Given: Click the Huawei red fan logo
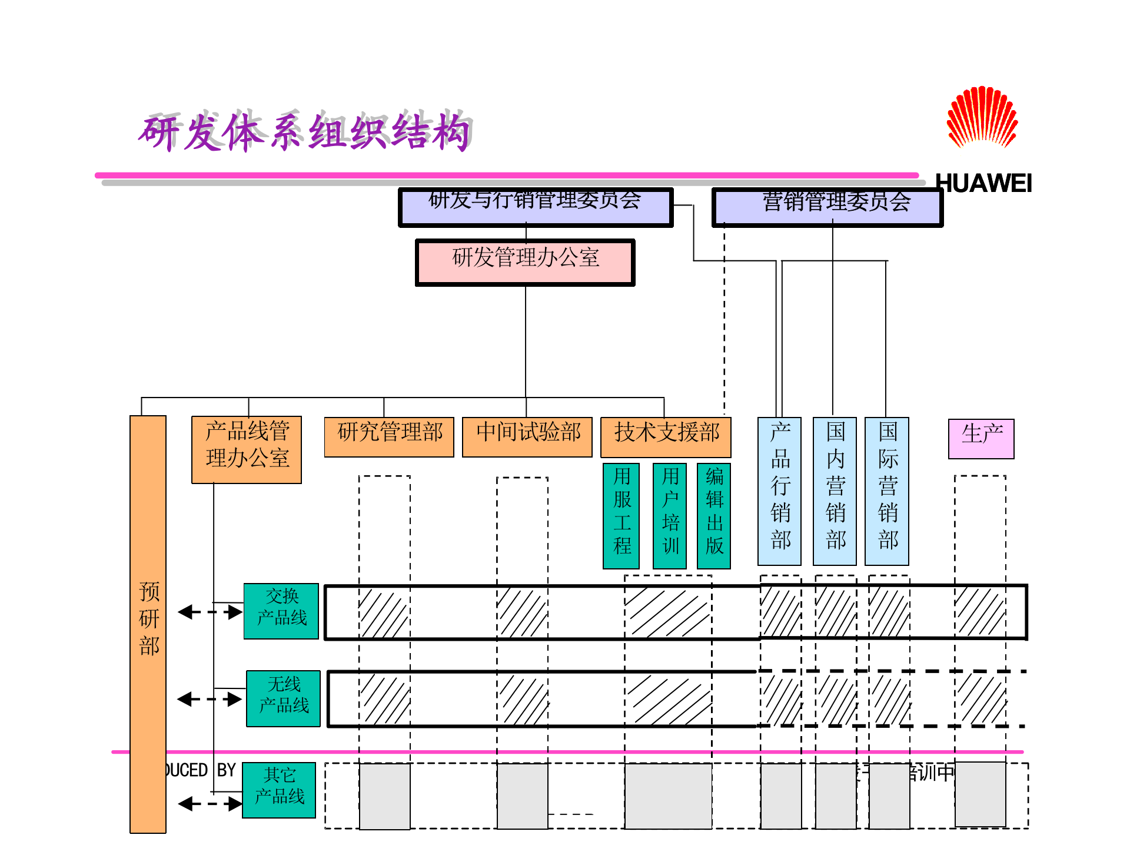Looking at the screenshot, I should point(982,118).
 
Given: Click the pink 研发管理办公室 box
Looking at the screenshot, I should point(525,262).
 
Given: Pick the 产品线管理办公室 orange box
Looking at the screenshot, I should point(247,449).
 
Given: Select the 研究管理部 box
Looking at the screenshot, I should point(389,436).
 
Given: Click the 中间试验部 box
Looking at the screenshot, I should point(527,436).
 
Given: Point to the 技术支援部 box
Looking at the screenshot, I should point(666,437).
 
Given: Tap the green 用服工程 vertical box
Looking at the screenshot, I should point(621,515).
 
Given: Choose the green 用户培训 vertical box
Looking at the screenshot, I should point(670,515).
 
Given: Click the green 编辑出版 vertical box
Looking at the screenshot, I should point(714,515).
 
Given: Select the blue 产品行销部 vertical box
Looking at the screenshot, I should point(779,491).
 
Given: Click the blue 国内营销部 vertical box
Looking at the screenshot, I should point(835,491).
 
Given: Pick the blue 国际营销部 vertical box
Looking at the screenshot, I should point(887,491).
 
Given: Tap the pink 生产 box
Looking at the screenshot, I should point(981,439).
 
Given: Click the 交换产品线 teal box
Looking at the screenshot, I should point(281,611).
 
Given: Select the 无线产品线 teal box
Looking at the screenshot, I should point(283,698).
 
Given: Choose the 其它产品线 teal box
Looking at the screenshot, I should point(279,790).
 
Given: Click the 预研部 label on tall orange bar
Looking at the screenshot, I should point(148,618).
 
